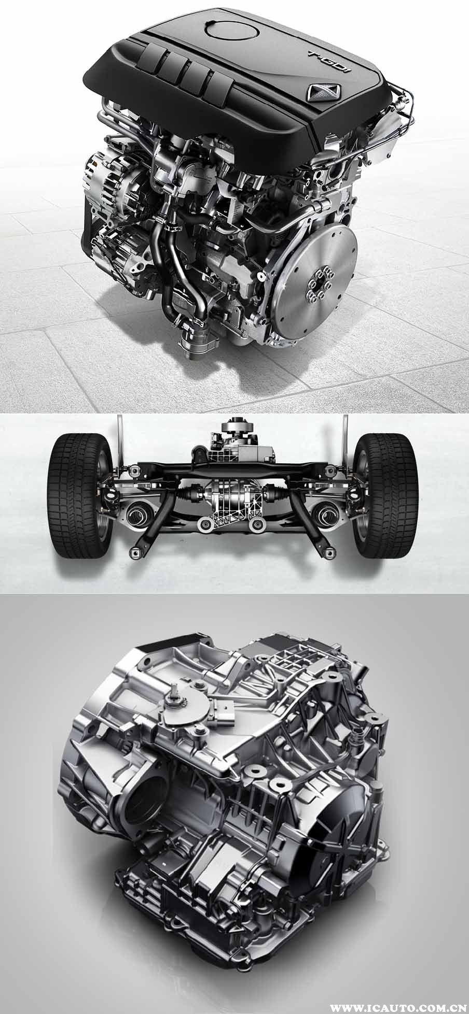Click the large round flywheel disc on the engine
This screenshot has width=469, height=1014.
pyautogui.click(x=317, y=288)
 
